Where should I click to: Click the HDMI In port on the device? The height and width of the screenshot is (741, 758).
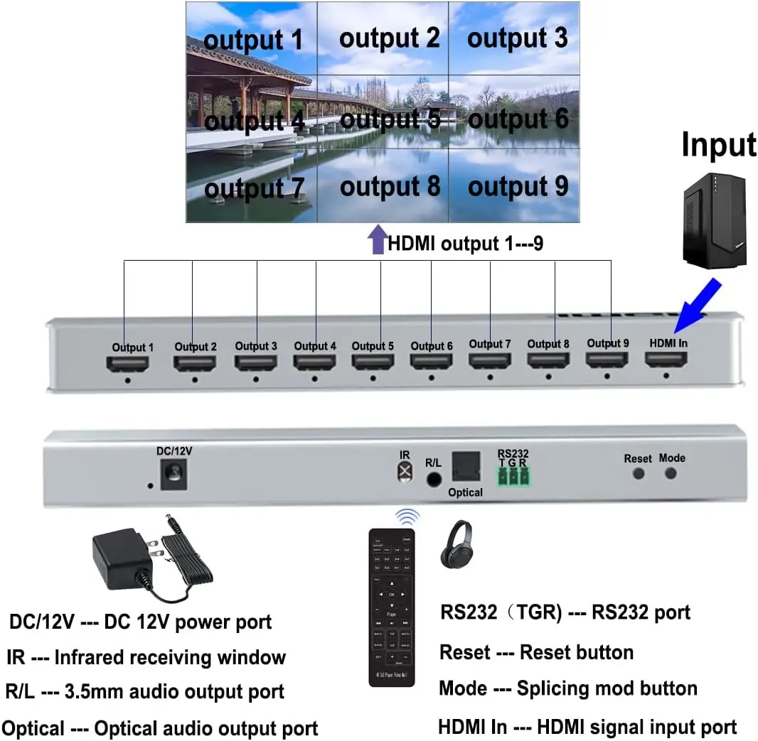tap(666, 360)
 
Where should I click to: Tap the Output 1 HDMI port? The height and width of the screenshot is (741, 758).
tap(127, 364)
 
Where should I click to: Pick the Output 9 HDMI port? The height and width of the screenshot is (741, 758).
tap(607, 360)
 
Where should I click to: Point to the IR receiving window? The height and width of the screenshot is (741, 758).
tap(405, 471)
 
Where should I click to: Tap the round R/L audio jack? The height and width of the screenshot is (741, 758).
tap(433, 479)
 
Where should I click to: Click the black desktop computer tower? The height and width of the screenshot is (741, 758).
tap(713, 220)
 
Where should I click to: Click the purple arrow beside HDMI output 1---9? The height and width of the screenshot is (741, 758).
tap(376, 242)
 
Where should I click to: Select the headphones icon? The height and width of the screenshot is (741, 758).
tap(457, 544)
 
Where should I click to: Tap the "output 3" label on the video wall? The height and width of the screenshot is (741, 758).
tap(517, 38)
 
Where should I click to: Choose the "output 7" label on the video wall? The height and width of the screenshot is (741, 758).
tap(254, 189)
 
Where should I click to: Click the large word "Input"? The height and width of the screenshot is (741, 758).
tap(718, 144)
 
